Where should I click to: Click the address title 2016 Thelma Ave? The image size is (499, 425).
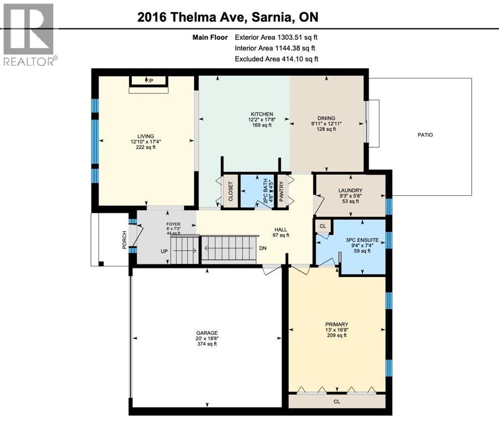228,17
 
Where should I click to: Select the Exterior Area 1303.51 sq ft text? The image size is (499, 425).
276,38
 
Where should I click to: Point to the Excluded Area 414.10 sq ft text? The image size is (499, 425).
276,59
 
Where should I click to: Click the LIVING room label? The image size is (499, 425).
146,136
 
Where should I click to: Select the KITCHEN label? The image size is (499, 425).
262,114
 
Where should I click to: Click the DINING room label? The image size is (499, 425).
327,118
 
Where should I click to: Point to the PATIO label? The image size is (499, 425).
425,134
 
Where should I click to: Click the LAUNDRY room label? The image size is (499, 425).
350,190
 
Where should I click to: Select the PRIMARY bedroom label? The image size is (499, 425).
336,324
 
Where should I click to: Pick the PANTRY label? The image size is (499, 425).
281,192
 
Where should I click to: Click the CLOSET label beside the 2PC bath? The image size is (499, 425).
230,192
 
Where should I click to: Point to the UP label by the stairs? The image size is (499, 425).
163,251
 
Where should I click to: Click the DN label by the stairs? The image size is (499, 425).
263,247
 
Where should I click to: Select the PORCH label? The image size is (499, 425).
125,239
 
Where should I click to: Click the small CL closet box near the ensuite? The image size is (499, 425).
323,226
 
